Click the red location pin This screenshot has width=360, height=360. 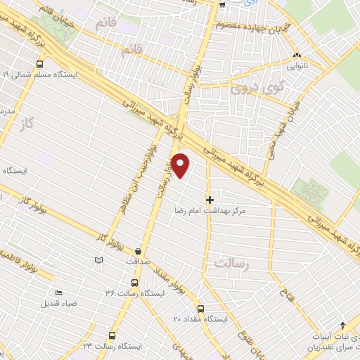[181, 166]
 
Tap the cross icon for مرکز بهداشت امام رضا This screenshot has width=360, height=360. [209, 200]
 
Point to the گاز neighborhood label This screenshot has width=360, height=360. [28, 122]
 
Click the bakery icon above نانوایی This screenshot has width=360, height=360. [296, 55]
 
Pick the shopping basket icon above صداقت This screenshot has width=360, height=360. [139, 250]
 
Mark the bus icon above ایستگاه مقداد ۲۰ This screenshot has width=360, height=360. [200, 309]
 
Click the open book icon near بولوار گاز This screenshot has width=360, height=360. [98, 261]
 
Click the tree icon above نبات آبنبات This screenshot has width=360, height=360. [342, 325]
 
